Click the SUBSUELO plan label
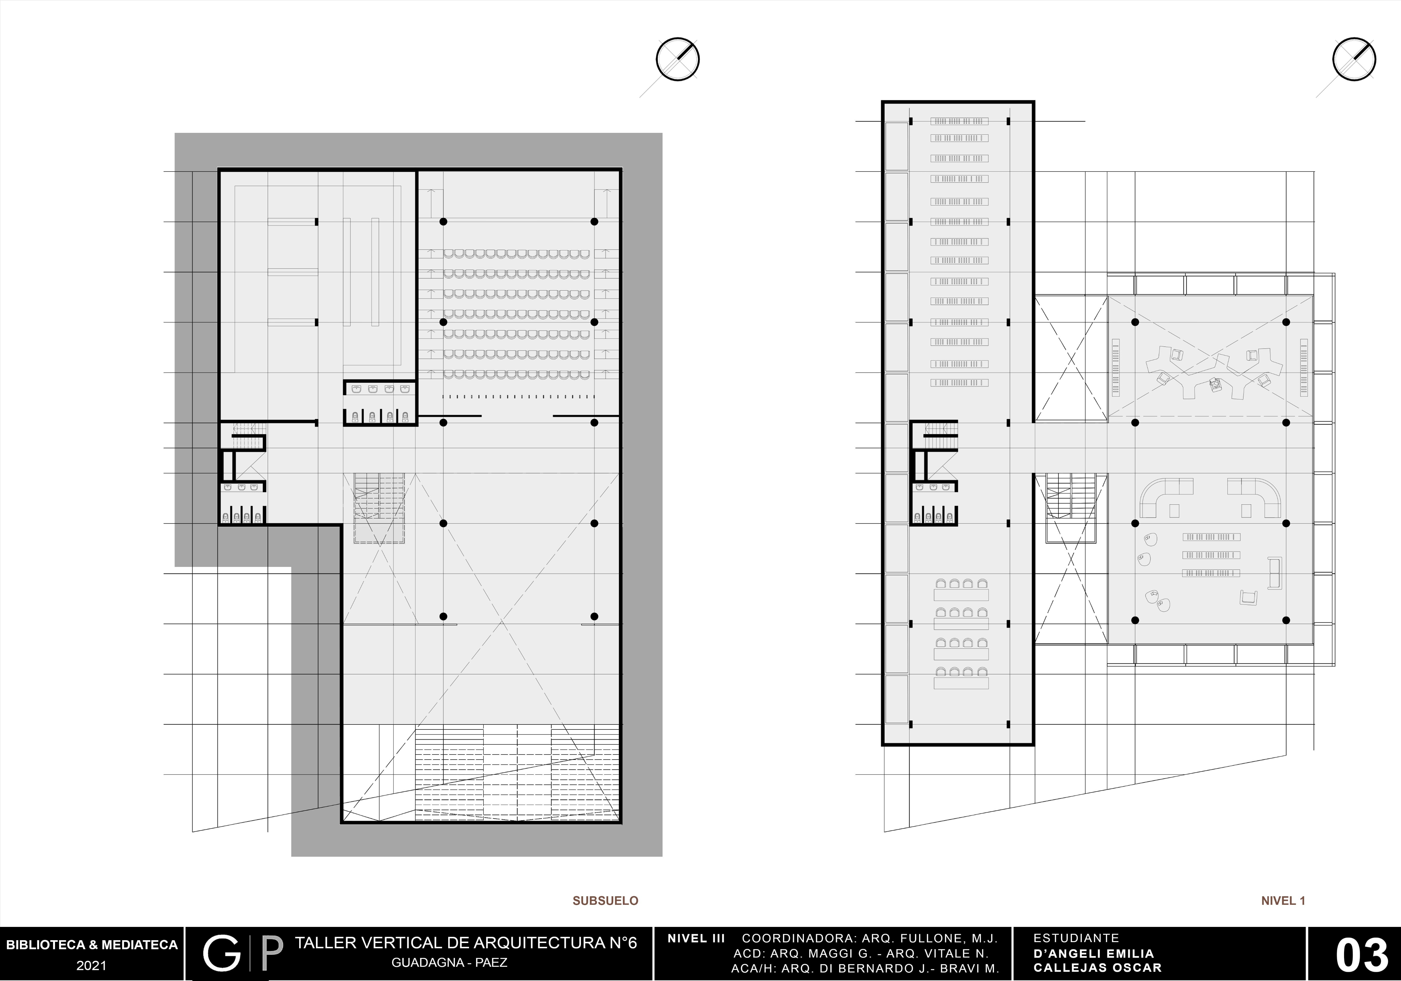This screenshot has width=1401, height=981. click(605, 900)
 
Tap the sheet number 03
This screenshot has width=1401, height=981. click(1361, 955)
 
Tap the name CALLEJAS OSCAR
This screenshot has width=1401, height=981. click(1097, 968)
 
